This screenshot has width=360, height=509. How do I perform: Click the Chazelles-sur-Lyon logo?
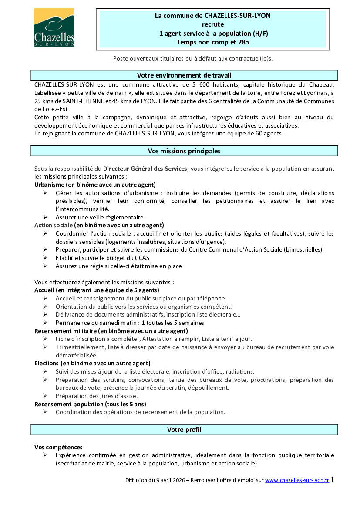(54, 27)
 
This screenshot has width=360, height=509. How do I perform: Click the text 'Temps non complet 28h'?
(212, 42)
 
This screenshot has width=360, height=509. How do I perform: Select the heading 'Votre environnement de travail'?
(184, 75)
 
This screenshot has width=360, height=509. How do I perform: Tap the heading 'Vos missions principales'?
(184, 151)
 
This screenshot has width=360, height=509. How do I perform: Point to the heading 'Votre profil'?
(184, 430)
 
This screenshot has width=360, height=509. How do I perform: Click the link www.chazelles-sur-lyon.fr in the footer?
(297, 480)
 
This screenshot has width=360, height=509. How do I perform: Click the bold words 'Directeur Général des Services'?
(145, 169)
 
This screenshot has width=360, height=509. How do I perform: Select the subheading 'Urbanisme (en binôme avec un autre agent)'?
(95, 185)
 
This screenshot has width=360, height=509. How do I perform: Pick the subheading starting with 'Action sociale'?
(99, 225)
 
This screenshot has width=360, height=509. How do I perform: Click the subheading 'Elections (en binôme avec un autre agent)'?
(92, 363)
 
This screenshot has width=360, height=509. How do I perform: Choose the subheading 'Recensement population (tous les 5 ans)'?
(90, 404)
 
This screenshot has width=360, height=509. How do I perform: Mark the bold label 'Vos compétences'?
(58, 447)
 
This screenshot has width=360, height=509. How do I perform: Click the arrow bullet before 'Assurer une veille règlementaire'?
(45, 217)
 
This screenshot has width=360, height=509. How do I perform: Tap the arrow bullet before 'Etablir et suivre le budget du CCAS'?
(45, 258)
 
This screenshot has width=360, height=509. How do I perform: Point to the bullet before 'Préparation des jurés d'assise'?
(45, 396)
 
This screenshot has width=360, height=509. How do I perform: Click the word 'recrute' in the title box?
(212, 24)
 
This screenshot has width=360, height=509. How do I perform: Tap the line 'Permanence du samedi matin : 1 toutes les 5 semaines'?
(130, 323)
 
